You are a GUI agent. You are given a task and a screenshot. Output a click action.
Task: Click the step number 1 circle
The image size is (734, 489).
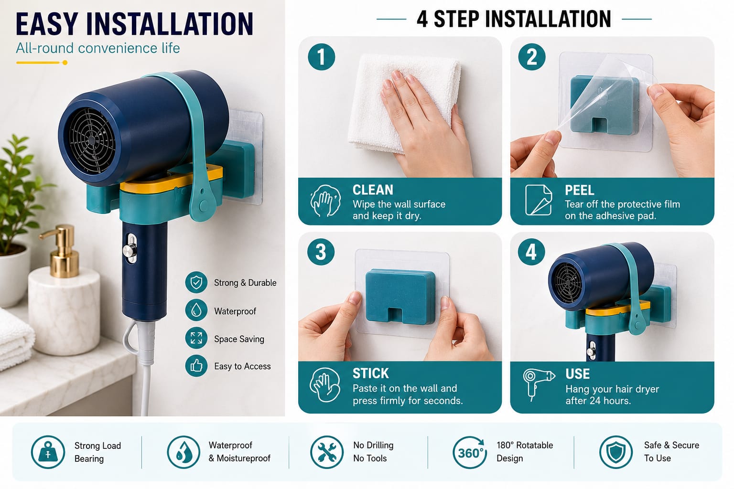pos(322,57)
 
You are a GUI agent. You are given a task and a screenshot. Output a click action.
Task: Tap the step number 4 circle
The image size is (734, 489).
pos(531,252)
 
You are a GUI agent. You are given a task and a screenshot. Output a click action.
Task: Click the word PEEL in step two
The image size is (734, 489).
pos(579,190)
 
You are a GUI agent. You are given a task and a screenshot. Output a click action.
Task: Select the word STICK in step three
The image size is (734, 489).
pos(371,373)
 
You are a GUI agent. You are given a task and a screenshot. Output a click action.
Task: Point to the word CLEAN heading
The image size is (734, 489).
pos(373,190)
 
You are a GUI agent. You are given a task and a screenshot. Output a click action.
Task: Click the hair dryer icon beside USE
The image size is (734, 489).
pos(539,384)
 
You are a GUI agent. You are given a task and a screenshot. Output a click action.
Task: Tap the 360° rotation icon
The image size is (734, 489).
pos(470,452)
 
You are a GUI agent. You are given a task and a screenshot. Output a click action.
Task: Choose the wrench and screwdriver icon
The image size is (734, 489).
pos(327,452)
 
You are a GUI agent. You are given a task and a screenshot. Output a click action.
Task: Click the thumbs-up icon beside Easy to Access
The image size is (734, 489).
pos(196,366)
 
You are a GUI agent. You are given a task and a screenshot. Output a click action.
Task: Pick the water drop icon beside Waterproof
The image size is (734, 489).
pos(196,310)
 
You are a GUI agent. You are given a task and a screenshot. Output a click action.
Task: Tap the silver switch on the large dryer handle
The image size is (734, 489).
pos(130,250)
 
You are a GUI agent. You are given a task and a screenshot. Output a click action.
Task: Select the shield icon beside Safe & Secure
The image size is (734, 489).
pos(616,452)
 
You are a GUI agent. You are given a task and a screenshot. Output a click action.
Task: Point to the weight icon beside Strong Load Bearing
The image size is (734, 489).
pos(48,452)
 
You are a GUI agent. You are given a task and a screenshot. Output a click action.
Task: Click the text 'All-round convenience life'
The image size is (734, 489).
pos(97,48)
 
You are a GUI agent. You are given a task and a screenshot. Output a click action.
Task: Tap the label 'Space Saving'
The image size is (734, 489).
pos(239,339)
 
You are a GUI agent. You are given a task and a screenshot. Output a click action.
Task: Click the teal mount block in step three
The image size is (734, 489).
pos(400,297)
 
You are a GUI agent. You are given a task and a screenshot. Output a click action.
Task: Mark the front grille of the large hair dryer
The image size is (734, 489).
pos(92,140)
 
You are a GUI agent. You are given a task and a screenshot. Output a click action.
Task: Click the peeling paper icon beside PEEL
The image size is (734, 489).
pos(539,200)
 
